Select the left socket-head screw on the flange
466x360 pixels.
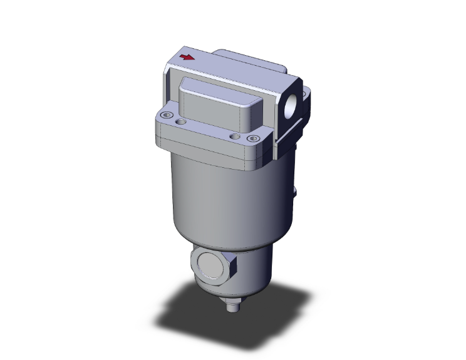coord(167,116)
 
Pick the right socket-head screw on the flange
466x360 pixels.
coord(252,139)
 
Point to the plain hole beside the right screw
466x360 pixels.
coord(234,136)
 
